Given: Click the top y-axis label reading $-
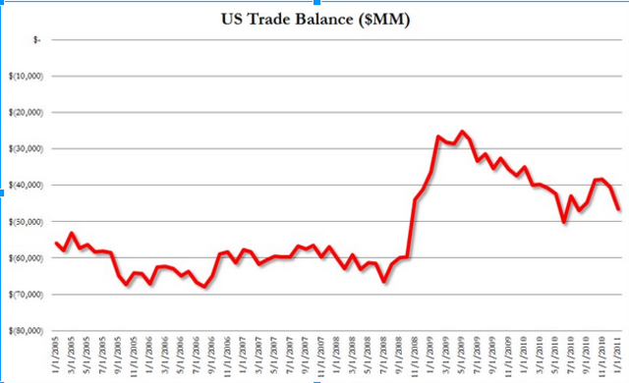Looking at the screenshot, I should [36, 40].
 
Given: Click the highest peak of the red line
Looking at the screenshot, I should [461, 132].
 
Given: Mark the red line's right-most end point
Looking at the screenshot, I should [618, 208].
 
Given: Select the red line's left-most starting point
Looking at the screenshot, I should [56, 243].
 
